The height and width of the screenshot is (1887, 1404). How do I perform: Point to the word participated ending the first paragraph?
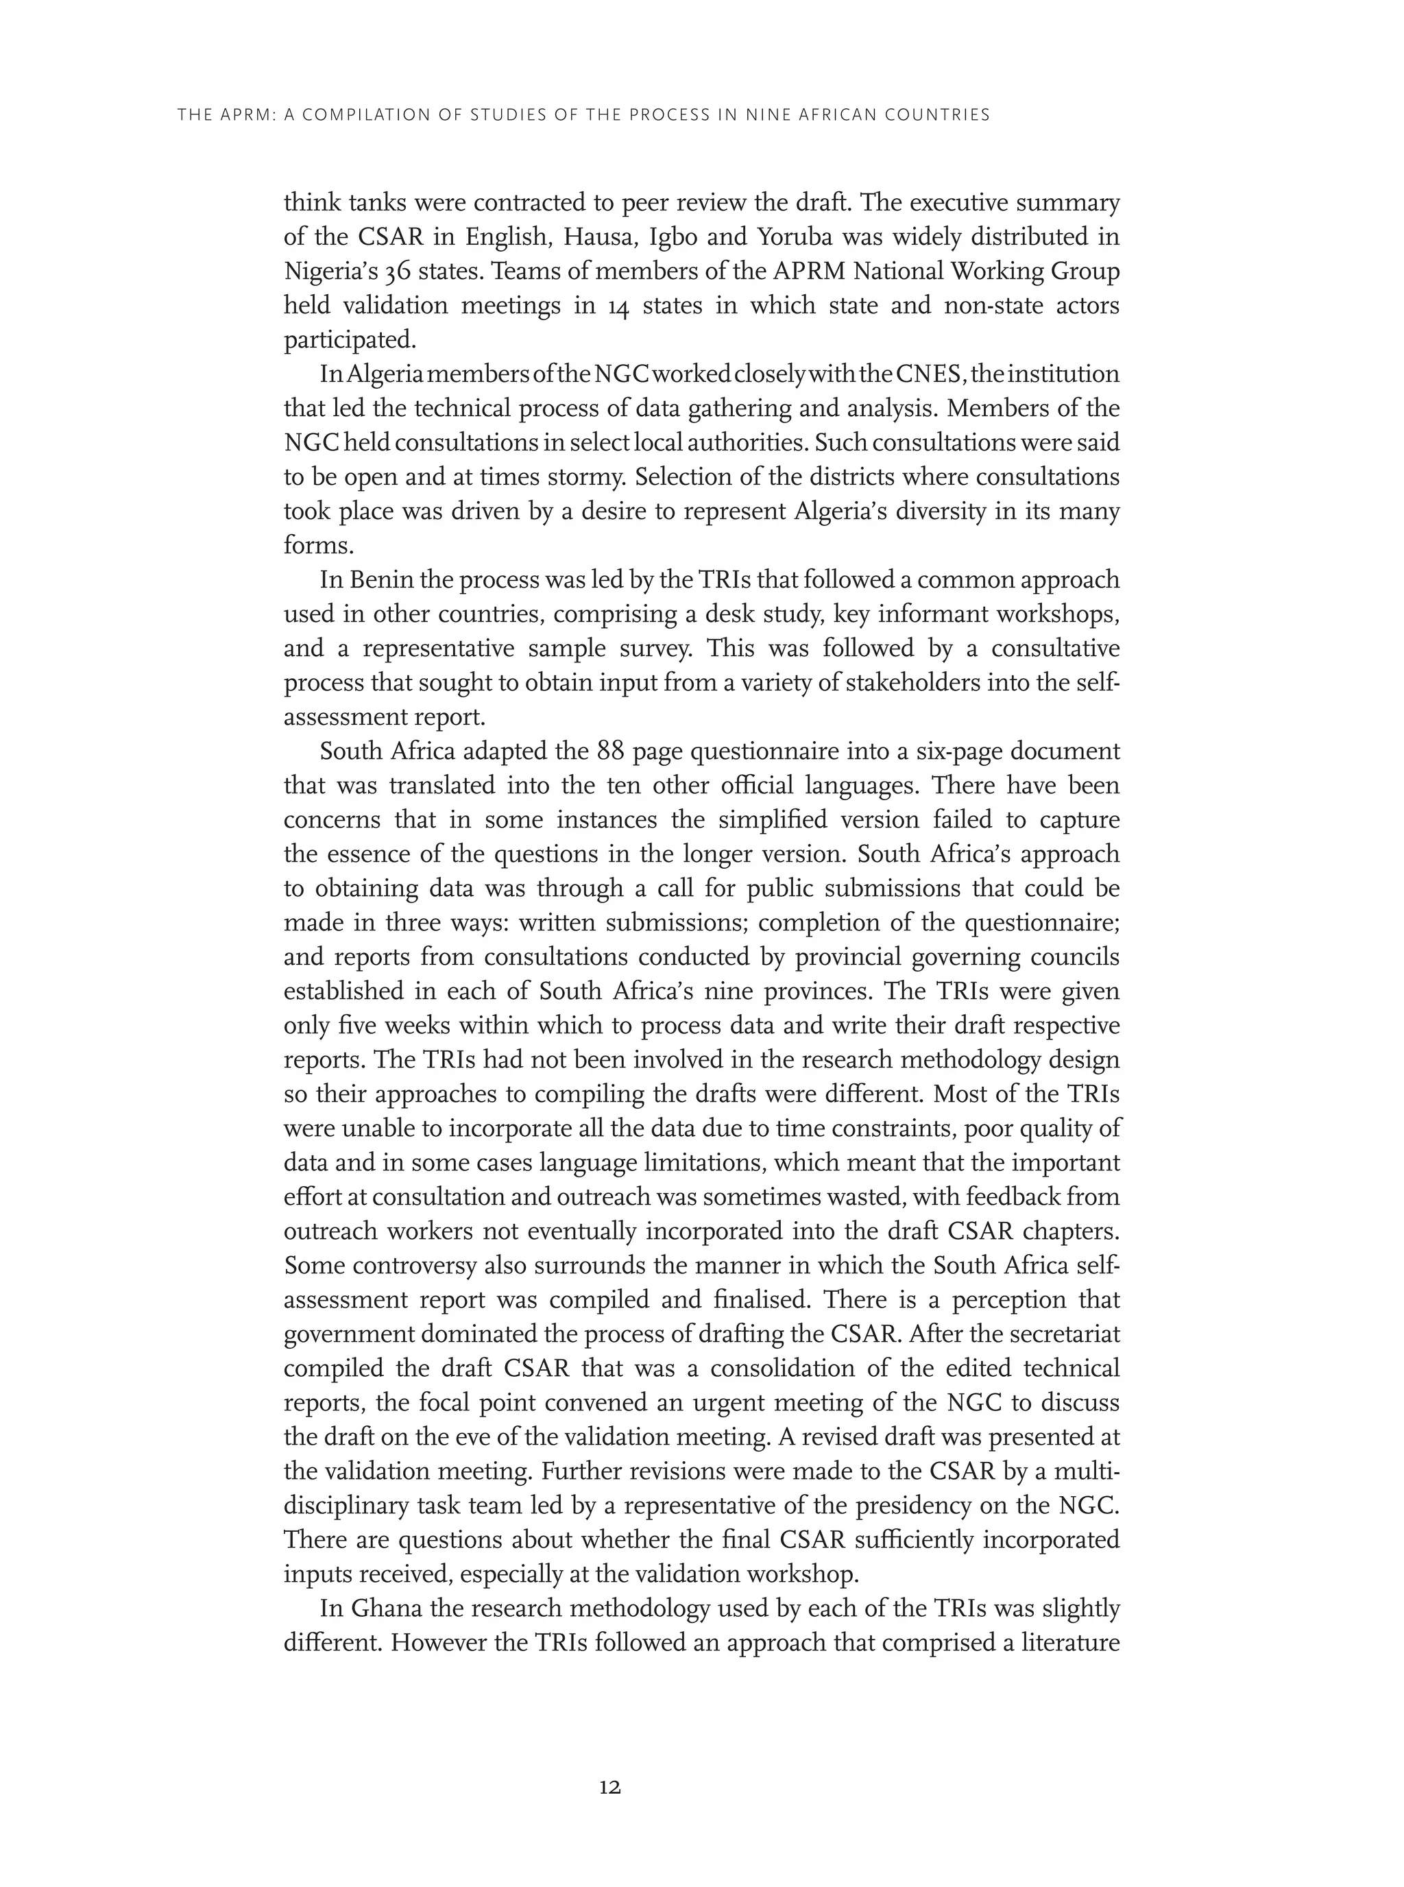pyautogui.click(x=350, y=341)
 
